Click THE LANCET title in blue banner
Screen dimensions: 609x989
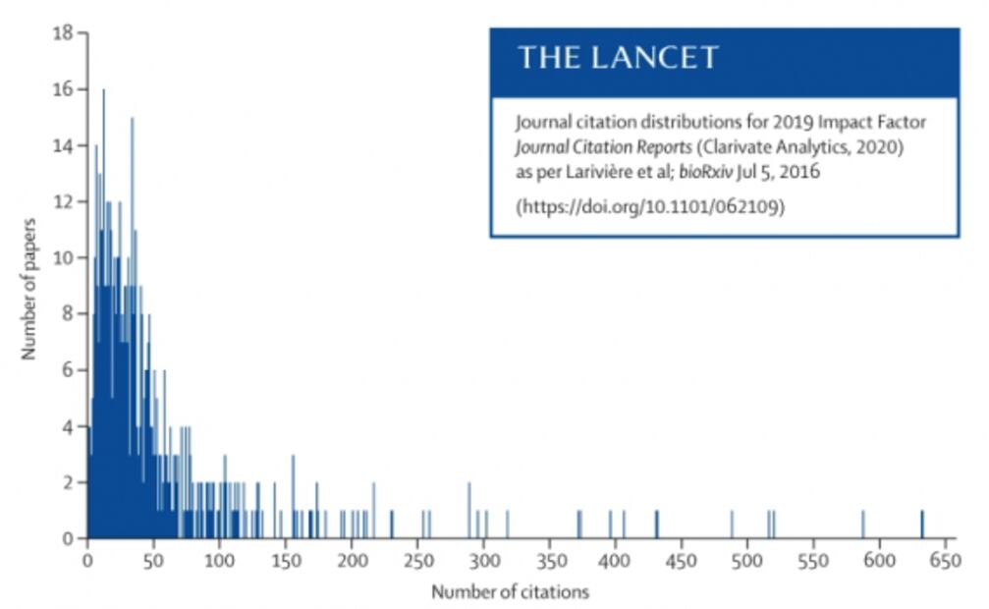coord(618,58)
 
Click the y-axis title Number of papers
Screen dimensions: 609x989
coord(28,286)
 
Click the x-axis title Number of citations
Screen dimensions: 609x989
coord(510,592)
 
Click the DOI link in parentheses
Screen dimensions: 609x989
coord(650,207)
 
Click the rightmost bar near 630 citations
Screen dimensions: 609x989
coord(921,525)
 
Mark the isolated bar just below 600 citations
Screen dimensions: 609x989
coord(862,525)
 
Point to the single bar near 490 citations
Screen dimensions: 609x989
coord(732,525)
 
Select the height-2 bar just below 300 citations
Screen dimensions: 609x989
coord(468,511)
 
